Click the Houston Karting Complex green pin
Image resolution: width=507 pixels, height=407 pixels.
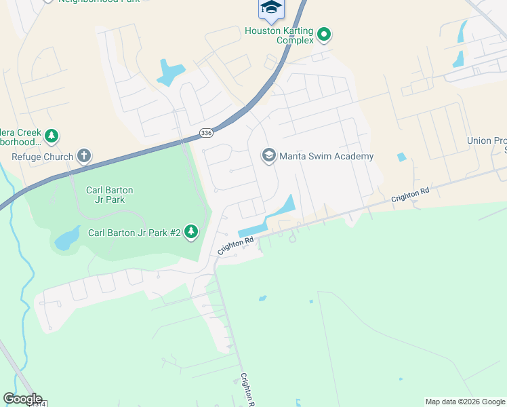(324, 32)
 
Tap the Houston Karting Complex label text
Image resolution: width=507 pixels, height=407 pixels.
(279, 35)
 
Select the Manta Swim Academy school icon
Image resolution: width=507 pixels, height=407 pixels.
(269, 156)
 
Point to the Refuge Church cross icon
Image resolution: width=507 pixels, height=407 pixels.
(84, 157)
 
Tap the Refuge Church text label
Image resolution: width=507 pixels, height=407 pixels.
(41, 157)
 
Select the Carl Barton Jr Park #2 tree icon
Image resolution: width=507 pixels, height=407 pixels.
(192, 233)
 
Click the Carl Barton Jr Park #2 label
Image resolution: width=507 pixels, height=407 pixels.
(134, 233)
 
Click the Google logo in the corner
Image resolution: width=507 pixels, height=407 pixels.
(22, 398)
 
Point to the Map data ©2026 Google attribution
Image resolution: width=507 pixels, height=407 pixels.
(465, 402)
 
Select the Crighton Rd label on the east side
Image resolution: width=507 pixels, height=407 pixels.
(411, 195)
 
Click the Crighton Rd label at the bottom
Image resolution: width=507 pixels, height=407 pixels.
(247, 390)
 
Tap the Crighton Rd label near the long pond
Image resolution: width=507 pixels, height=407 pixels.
(235, 246)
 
